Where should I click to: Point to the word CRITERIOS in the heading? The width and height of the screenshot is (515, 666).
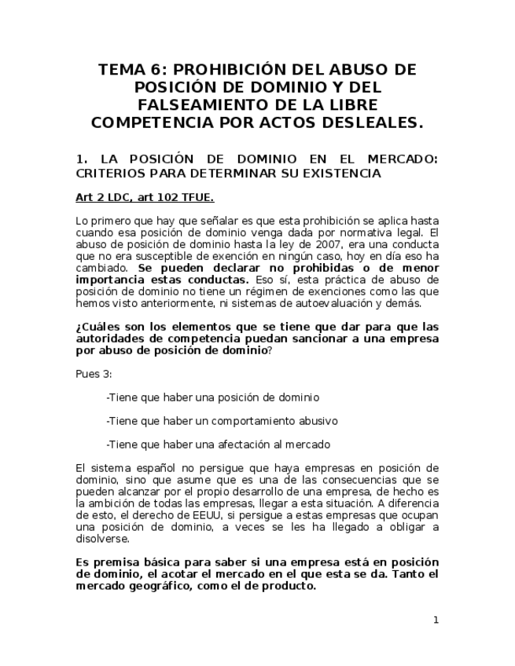(x=113, y=173)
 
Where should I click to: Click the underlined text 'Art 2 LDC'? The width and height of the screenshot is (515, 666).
(x=106, y=196)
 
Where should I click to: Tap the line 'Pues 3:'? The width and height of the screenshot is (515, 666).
(x=94, y=374)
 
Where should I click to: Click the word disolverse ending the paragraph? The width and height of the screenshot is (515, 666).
(x=104, y=539)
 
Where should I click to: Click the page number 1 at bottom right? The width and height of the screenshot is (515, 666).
(x=436, y=620)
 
